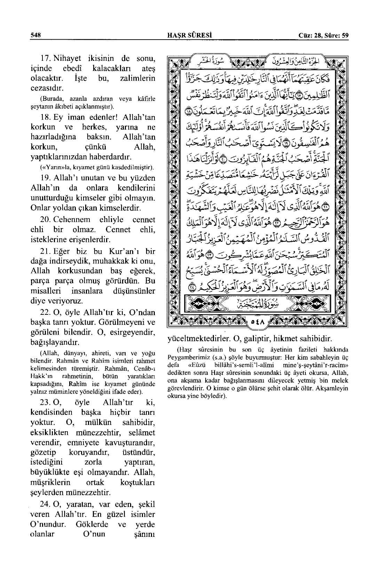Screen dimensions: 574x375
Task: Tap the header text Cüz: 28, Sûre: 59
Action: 324,35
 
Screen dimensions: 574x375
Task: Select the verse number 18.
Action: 46,117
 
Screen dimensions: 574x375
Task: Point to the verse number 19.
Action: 46,178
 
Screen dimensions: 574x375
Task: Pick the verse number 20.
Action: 46,220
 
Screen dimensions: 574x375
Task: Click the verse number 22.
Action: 46,312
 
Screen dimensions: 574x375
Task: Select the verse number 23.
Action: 46,402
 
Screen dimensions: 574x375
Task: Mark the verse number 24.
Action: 46,504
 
